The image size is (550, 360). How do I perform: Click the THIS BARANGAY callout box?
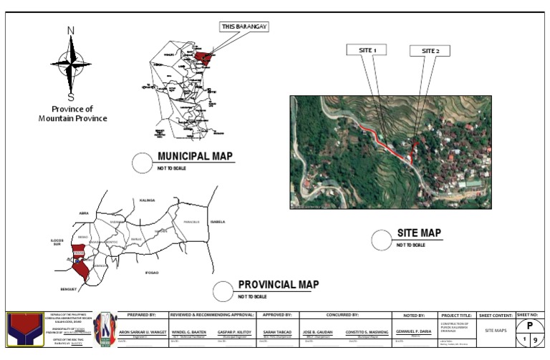tap(243, 26)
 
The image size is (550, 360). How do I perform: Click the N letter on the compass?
tap(71, 31)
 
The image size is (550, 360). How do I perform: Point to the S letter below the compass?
tap(71, 98)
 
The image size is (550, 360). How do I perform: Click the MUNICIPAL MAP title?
tap(196, 157)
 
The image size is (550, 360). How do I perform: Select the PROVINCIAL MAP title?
tap(278, 284)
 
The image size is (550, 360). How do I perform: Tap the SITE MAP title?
tap(420, 233)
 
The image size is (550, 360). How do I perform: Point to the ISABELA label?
tap(218, 222)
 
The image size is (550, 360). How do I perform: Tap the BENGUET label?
tap(68, 289)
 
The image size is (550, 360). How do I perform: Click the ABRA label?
tap(84, 213)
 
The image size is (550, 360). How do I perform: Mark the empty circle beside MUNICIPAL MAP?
tap(143, 163)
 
